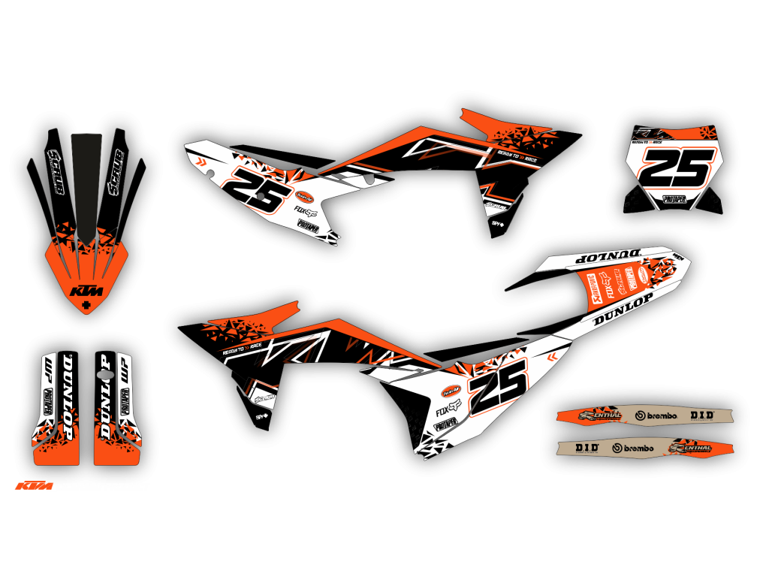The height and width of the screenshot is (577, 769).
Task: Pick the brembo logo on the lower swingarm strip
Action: (633, 449)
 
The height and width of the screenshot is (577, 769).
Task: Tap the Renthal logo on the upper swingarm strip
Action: (599, 415)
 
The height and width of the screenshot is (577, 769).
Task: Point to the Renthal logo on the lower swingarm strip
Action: (690, 448)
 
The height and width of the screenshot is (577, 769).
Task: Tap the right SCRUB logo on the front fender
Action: (115, 172)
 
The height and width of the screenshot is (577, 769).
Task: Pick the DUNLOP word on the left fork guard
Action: (68, 398)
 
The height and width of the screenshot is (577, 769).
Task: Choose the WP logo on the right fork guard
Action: (125, 370)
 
